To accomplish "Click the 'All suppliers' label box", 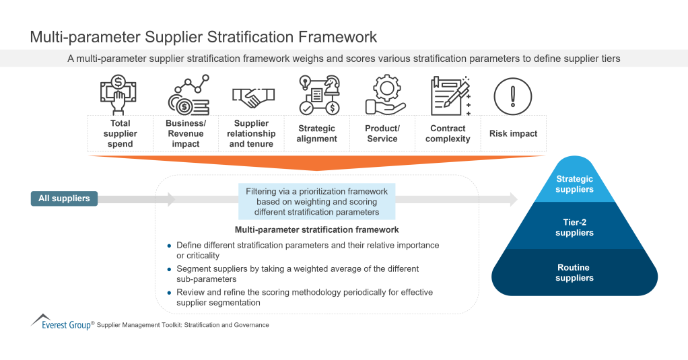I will tap(64, 199).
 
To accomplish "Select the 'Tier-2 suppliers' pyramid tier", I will tap(574, 227).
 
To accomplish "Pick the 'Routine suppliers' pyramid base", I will tap(574, 273).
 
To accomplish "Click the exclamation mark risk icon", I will tap(513, 96).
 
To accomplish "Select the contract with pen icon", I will tap(449, 96).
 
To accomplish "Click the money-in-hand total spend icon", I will tap(120, 96).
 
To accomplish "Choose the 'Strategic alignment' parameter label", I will tap(316, 133).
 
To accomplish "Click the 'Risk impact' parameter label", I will tap(513, 133).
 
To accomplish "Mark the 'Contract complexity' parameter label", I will tap(448, 133).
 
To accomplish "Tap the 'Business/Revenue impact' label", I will tap(186, 133).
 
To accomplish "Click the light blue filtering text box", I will tap(316, 202).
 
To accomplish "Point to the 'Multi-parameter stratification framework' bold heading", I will tap(316, 230).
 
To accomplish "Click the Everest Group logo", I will tap(60, 322).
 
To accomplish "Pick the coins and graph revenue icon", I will tap(188, 96).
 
